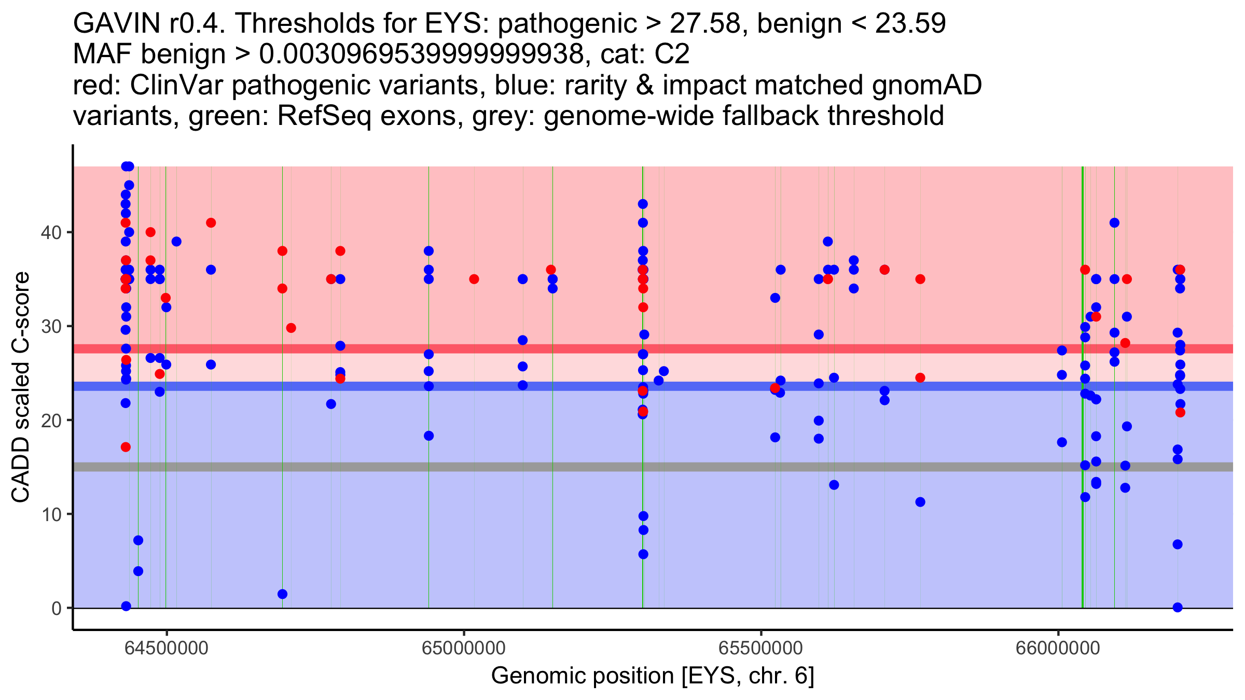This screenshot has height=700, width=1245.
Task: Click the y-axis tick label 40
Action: [50, 232]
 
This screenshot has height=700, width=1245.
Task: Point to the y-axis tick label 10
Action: [50, 514]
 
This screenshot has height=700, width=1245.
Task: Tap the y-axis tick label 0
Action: [56, 608]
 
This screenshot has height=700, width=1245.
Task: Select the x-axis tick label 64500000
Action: [167, 648]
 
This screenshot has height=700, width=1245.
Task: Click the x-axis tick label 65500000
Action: [761, 648]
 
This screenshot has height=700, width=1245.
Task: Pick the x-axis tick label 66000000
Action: [1058, 648]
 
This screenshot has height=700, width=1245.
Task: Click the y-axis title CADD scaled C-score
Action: [21, 387]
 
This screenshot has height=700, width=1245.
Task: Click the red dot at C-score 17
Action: [126, 447]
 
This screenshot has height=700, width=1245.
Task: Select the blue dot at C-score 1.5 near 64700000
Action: [282, 594]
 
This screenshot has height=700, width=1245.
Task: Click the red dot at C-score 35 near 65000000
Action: [474, 279]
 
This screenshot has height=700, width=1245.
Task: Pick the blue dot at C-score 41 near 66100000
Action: [1114, 223]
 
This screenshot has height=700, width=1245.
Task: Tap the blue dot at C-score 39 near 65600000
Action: [828, 242]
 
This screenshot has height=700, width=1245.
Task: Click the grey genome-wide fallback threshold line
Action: [653, 467]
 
